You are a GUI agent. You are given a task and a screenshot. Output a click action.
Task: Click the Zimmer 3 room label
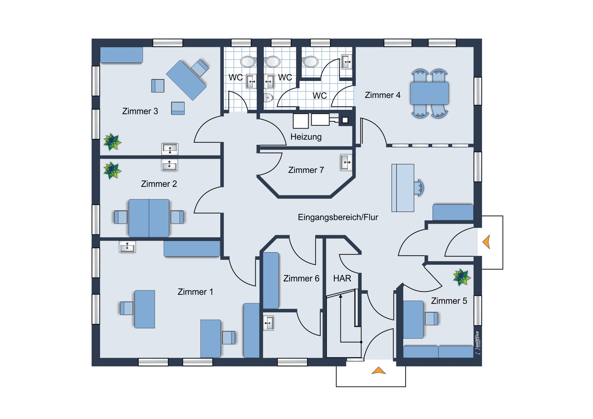(x=140, y=111)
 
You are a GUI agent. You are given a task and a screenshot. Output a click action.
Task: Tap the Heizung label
(x=306, y=137)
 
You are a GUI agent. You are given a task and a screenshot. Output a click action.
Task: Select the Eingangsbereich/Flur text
(x=338, y=217)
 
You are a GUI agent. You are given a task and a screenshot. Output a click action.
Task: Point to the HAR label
(x=342, y=278)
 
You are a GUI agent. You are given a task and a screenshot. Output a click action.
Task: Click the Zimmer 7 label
(x=306, y=170)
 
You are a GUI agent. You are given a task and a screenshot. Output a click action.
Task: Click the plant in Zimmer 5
(x=461, y=277)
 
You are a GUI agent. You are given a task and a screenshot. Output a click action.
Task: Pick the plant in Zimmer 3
(x=112, y=142)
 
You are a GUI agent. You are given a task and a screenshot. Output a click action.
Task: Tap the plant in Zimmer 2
(x=112, y=170)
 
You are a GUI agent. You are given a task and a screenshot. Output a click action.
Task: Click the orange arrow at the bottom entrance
(x=378, y=370)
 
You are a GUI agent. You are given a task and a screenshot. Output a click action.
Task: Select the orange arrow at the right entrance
(x=487, y=242)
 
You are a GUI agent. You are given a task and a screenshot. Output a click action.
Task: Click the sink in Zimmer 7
(x=346, y=162)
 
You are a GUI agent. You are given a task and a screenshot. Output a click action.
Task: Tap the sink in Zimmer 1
(x=127, y=246)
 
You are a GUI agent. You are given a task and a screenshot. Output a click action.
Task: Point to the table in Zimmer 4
(x=429, y=93)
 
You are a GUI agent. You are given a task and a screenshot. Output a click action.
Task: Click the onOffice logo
(x=477, y=342)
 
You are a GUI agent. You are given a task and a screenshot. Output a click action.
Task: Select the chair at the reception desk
(x=420, y=188)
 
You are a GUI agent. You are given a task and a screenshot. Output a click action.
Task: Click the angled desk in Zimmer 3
(x=186, y=80)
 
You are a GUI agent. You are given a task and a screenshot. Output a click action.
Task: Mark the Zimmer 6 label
(x=301, y=278)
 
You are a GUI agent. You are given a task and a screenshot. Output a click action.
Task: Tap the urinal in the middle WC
(x=268, y=98)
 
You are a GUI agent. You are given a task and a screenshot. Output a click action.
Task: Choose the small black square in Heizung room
(x=345, y=120)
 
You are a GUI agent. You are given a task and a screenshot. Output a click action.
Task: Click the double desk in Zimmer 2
(x=149, y=218)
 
